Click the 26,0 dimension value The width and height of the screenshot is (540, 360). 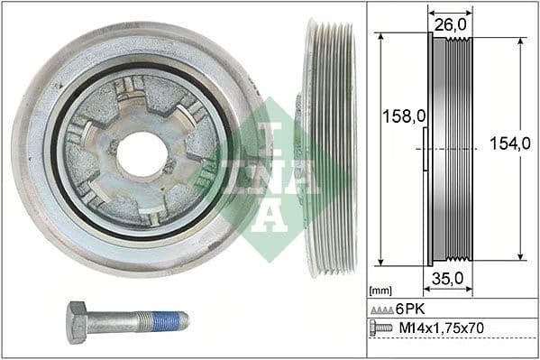450,27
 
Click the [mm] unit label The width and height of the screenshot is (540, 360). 380,291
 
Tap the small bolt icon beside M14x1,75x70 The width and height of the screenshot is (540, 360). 381,328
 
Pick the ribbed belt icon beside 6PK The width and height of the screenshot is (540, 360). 381,309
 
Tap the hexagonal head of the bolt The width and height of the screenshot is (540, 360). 78,322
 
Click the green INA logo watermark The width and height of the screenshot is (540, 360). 270,177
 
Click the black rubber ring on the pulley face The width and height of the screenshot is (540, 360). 56,180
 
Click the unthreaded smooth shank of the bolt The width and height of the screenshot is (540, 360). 113,321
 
